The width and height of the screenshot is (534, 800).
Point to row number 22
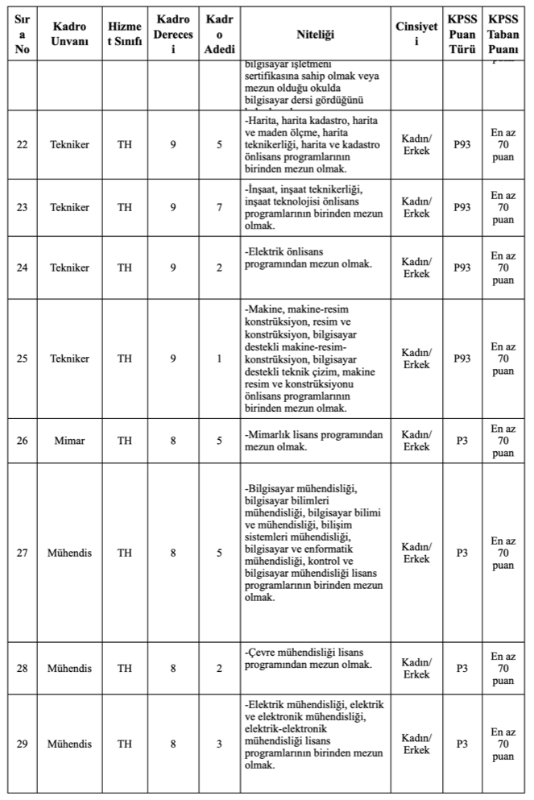22,145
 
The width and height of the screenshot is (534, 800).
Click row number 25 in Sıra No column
22,359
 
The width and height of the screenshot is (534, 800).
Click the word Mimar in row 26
69,440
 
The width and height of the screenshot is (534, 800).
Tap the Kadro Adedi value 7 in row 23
219,207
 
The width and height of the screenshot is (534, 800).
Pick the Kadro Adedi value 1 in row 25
219,359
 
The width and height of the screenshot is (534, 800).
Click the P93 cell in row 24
462,267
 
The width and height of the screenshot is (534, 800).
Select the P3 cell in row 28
462,669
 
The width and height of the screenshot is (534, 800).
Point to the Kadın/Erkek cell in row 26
416,440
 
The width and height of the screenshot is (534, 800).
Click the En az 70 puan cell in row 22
503,145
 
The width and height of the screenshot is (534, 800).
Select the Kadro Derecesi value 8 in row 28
173,669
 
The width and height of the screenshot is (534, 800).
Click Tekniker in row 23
69,207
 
